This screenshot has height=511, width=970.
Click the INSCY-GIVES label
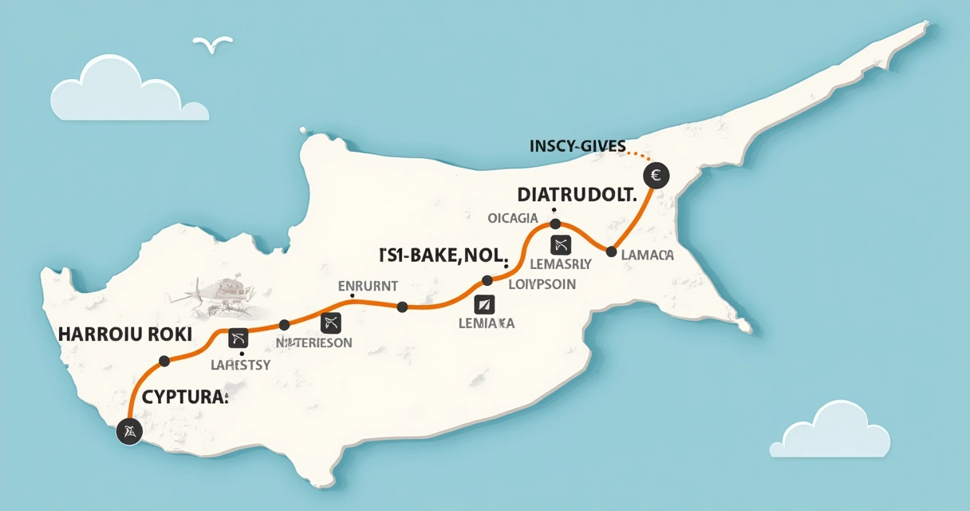pyautogui.click(x=578, y=146)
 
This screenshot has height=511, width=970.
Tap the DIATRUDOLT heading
pyautogui.click(x=577, y=194)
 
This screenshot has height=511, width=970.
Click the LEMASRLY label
pyautogui.click(x=559, y=263)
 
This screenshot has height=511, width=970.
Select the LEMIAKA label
pyautogui.click(x=487, y=323)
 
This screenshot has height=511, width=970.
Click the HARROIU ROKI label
pyautogui.click(x=125, y=335)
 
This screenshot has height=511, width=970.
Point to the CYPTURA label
pyautogui.click(x=186, y=396)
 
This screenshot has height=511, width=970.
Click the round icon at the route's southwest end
pyautogui.click(x=128, y=432)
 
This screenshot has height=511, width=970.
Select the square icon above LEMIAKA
pyautogui.click(x=484, y=303)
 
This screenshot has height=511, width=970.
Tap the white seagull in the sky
pyautogui.click(x=213, y=45)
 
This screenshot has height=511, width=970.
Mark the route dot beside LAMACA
pyautogui.click(x=611, y=252)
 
